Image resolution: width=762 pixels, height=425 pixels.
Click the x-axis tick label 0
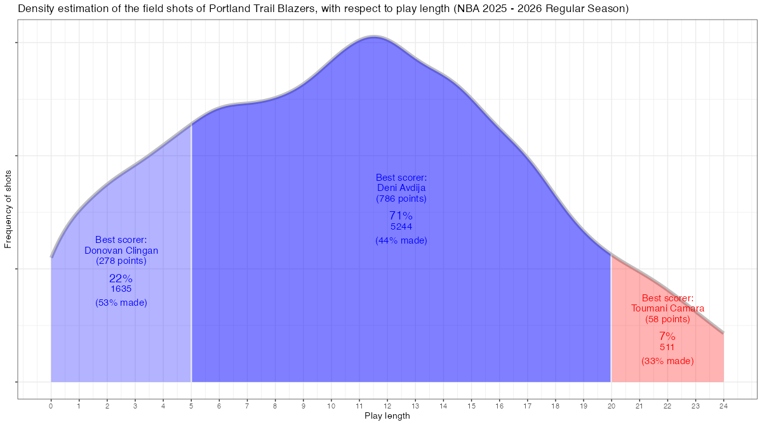tap(51, 406)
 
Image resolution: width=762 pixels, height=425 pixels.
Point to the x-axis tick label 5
tap(191, 406)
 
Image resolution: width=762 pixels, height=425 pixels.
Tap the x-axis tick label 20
tap(611, 406)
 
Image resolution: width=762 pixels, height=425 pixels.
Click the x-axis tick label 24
tap(723, 406)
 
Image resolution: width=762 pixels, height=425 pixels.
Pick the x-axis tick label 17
tap(527, 406)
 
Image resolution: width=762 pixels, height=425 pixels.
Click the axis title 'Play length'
tap(387, 417)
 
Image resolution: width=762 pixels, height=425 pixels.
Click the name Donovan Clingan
tap(121, 251)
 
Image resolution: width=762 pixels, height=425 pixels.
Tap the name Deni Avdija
tap(401, 188)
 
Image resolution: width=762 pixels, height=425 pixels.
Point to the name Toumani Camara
tap(667, 309)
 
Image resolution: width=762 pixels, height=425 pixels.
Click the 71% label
tap(401, 216)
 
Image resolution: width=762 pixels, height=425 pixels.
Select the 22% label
tap(121, 278)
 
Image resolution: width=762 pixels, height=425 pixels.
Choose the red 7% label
tap(667, 336)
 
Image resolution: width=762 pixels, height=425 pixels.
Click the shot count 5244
tap(401, 226)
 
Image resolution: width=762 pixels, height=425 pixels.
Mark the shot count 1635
tap(121, 289)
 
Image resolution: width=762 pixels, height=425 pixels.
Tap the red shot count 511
tap(667, 348)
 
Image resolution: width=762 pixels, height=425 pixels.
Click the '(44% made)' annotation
tap(401, 241)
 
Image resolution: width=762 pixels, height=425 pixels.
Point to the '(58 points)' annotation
tap(667, 319)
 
